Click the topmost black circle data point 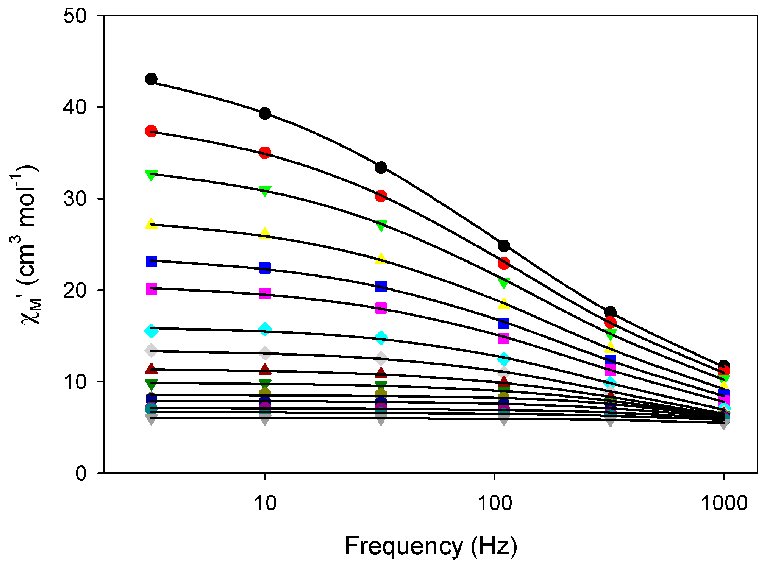[x=151, y=79]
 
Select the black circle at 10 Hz [x=265, y=113]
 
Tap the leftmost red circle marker [x=151, y=131]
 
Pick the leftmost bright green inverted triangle [x=151, y=175]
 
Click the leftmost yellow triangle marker [x=151, y=224]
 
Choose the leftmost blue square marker [x=151, y=261]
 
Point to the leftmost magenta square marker [x=151, y=289]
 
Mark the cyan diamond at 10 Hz [x=265, y=329]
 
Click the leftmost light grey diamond [x=151, y=351]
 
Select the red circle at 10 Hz [x=265, y=153]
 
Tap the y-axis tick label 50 [x=75, y=16]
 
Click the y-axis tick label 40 [x=75, y=108]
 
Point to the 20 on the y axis [x=75, y=290]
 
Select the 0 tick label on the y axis [x=81, y=473]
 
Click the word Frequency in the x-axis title [x=404, y=546]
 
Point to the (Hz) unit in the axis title [x=494, y=546]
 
